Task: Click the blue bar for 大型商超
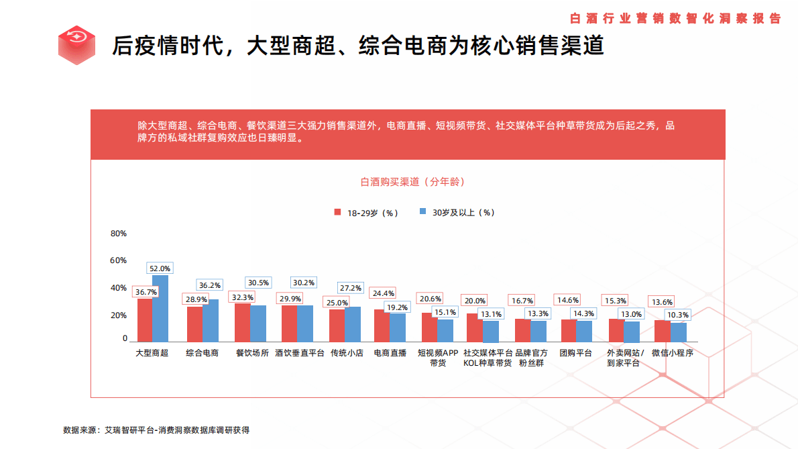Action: click(160, 309)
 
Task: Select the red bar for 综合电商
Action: click(194, 324)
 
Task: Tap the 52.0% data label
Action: click(160, 268)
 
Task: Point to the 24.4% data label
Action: click(384, 293)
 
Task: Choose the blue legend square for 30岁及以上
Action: click(423, 212)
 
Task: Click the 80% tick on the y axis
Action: click(119, 234)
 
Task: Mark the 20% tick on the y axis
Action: click(119, 315)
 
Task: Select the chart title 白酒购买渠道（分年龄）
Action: click(412, 182)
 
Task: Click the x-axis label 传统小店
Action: click(347, 352)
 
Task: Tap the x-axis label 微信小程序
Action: click(671, 352)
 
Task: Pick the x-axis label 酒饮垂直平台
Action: click(299, 352)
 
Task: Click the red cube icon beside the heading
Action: click(76, 45)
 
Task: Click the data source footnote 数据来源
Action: click(156, 430)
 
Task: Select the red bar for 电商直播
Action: click(382, 326)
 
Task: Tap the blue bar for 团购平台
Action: click(585, 331)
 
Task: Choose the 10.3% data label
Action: click(678, 315)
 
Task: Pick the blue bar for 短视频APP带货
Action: click(445, 330)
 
